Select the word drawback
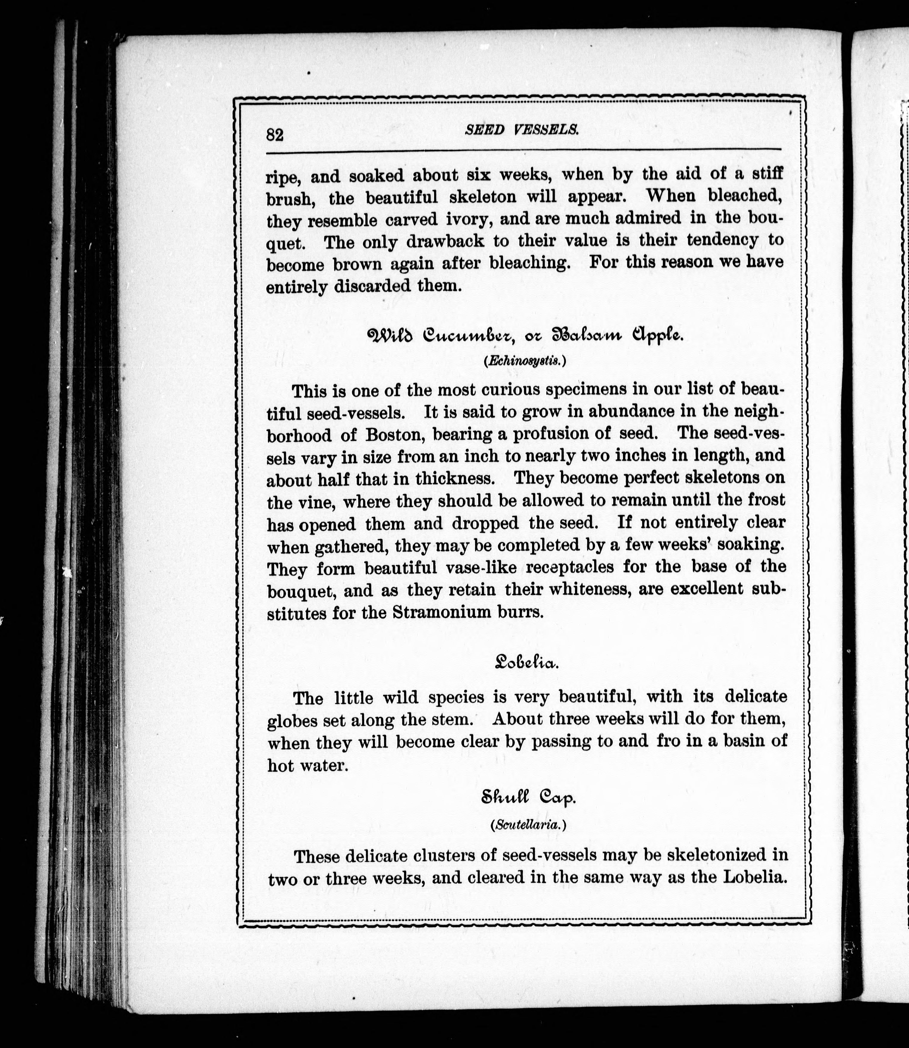(445, 241)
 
